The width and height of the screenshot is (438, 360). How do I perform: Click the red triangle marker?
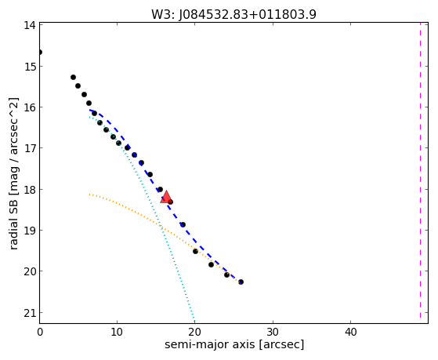(166, 197)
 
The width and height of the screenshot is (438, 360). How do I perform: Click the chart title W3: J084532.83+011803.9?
(233, 15)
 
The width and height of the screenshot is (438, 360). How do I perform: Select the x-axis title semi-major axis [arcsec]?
(234, 344)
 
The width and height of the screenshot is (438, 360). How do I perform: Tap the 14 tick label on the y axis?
(29, 25)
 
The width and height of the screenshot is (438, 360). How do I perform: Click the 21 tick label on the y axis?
(29, 313)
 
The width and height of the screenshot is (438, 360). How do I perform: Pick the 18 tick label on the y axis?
(29, 190)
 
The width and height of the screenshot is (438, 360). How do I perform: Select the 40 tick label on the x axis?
(350, 332)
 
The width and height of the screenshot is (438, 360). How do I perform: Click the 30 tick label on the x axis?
(273, 332)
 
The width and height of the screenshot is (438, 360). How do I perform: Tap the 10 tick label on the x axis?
(117, 332)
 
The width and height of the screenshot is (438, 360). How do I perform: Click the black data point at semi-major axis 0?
(40, 53)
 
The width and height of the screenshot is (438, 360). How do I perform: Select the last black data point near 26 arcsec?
(241, 282)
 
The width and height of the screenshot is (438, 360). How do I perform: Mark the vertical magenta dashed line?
(420, 171)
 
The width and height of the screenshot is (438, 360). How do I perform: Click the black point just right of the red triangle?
(170, 202)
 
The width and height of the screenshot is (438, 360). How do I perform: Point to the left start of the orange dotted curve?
(89, 195)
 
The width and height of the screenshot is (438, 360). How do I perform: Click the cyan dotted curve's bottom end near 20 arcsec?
(194, 321)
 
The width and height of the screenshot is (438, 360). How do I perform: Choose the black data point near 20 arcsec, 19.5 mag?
(196, 252)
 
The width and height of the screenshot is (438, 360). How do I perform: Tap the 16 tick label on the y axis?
(29, 107)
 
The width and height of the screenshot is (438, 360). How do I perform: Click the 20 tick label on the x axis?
(195, 332)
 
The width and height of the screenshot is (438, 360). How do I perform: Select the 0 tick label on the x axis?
(40, 332)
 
